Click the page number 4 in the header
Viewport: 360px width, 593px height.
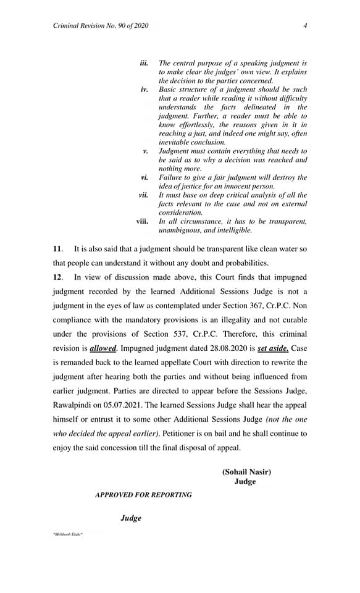click(x=306, y=25)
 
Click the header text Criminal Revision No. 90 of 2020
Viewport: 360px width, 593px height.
click(x=101, y=25)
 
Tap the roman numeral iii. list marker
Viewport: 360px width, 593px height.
click(x=144, y=63)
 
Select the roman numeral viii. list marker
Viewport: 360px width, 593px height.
click(x=142, y=221)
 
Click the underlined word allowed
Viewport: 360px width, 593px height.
click(x=103, y=348)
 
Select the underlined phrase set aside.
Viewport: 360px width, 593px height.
click(x=274, y=348)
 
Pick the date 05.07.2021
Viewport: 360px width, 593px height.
click(x=146, y=405)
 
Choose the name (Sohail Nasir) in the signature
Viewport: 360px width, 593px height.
click(x=246, y=472)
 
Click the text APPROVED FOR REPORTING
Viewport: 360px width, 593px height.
click(x=143, y=495)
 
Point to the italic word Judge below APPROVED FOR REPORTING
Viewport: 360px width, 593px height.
click(x=130, y=518)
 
